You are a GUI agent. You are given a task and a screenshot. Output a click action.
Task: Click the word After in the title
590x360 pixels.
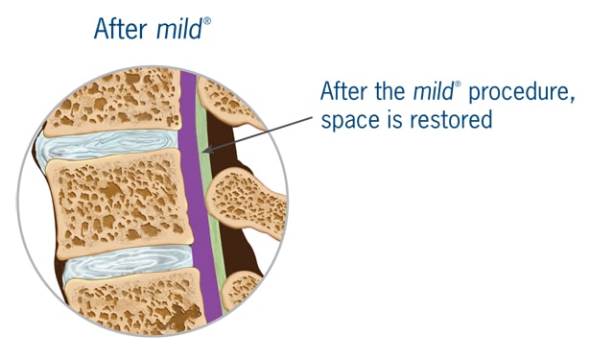(121, 29)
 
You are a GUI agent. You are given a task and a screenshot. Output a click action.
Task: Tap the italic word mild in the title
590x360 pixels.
(179, 28)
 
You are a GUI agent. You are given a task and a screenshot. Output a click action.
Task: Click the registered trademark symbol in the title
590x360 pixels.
(207, 20)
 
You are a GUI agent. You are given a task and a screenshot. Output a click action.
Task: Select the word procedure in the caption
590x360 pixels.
(522, 92)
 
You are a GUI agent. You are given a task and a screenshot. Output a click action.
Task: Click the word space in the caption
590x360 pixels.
(349, 121)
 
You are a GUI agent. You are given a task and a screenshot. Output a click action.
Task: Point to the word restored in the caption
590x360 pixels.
(451, 119)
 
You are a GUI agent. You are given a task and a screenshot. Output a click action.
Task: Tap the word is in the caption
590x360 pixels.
(393, 119)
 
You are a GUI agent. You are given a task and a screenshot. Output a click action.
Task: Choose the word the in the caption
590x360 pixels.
(389, 90)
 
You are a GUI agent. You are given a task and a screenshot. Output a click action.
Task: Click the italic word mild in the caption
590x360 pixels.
(433, 90)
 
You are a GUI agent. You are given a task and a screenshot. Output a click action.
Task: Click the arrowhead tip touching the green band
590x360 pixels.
(203, 152)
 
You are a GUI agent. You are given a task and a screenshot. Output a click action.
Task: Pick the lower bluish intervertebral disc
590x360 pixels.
(128, 263)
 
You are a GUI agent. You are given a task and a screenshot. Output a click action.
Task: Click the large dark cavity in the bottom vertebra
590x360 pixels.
(184, 316)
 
